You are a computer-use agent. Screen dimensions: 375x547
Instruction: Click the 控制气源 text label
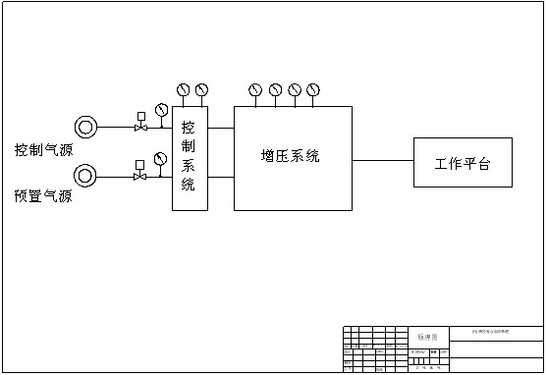point(43,150)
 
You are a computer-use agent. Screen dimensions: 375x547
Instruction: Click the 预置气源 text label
point(43,196)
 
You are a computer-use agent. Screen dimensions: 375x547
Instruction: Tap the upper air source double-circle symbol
point(86,127)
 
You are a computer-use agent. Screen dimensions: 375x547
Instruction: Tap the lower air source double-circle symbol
point(86,177)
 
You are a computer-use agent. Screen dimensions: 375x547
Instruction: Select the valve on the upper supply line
point(141,127)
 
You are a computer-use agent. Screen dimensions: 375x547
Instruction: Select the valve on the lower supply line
point(140,177)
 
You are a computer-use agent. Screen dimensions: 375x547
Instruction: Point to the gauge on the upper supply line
point(161,110)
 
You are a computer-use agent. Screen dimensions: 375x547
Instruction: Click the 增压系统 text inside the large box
point(291,156)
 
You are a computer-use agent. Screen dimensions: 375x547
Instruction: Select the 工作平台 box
point(463,163)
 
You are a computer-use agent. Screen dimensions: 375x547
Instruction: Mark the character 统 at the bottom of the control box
point(190,184)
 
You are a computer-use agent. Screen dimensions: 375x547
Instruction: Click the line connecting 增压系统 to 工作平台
point(383,159)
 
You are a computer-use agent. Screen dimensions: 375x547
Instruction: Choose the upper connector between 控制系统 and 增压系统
point(222,127)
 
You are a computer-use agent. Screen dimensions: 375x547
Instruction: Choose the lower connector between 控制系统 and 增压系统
point(222,177)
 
